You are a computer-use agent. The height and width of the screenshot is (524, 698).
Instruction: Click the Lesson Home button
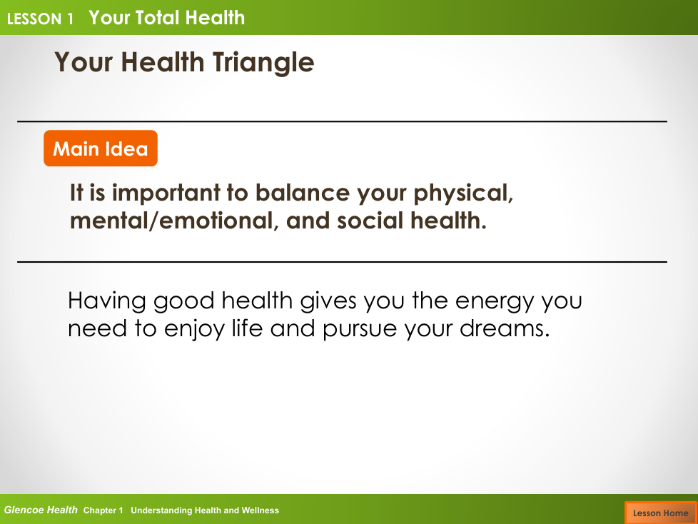click(661, 513)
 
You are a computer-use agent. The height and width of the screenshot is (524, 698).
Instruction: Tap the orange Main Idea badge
click(101, 148)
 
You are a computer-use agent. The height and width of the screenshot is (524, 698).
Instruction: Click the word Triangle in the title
click(263, 63)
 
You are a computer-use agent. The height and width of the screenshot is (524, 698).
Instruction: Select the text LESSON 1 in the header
click(40, 19)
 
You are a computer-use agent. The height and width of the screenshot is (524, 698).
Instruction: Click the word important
click(166, 193)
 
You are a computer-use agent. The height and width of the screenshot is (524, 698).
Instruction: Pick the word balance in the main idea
click(303, 193)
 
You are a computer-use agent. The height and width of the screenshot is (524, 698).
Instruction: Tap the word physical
click(463, 194)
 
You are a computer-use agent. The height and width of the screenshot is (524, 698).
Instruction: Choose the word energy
click(494, 302)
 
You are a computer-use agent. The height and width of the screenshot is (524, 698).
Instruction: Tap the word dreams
click(505, 328)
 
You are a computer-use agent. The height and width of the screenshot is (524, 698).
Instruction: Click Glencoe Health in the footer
click(41, 510)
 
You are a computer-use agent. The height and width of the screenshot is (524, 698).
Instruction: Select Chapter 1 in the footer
click(103, 510)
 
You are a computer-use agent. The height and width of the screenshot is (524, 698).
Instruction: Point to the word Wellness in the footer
click(260, 510)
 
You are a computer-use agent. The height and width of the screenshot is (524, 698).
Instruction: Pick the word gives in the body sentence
click(328, 301)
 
